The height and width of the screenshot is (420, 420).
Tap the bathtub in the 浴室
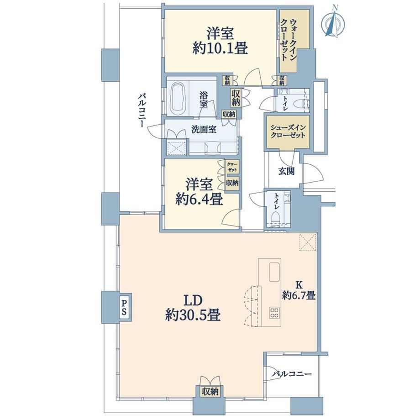click(178, 98)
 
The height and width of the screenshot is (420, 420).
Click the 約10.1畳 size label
click(220, 49)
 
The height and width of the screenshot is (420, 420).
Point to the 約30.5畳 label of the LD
click(193, 315)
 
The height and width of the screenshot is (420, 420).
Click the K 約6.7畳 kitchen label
click(299, 290)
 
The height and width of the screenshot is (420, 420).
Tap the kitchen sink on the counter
click(274, 272)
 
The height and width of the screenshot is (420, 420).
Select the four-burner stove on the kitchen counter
click(274, 312)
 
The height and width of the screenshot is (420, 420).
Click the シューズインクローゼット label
click(288, 131)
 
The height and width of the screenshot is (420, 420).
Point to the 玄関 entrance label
click(286, 171)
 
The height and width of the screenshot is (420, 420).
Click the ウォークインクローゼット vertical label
click(288, 40)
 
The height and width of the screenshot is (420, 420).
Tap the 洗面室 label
click(204, 130)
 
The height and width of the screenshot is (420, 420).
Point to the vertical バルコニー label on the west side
click(142, 110)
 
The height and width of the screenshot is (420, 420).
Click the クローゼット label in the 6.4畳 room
click(232, 167)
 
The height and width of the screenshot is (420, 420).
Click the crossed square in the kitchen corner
click(308, 242)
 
